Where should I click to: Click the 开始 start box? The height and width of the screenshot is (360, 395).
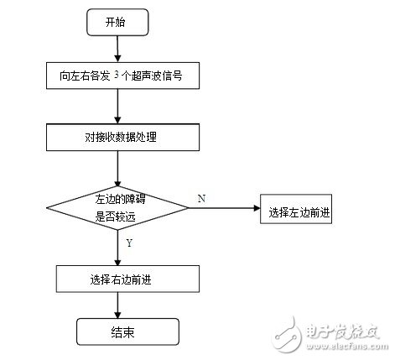coord(117,23)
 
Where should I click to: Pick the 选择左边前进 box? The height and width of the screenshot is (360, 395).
coord(299,210)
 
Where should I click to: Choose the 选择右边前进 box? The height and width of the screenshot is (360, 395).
coord(117,279)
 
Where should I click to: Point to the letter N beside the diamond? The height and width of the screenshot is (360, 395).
coord(200,198)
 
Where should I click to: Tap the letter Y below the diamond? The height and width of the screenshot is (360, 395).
coord(127,243)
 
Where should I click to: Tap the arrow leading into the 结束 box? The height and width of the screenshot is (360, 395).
coord(117,305)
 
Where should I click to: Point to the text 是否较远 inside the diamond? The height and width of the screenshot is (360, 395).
coord(117,215)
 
